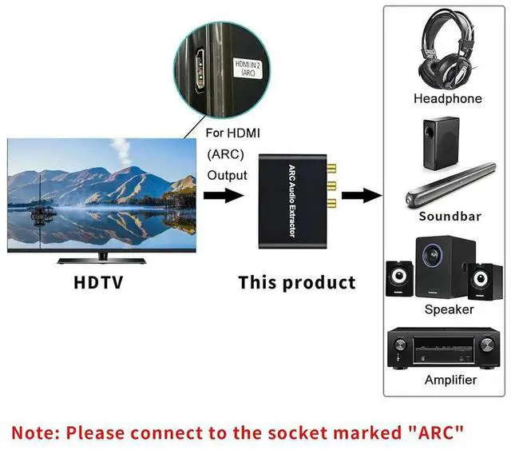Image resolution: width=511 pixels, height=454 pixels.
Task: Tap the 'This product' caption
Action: pyautogui.click(x=296, y=282)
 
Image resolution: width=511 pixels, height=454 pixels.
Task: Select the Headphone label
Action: pyautogui.click(x=447, y=99)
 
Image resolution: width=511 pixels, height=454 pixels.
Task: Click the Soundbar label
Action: pyautogui.click(x=448, y=217)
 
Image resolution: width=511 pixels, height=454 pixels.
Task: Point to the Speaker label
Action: pyautogui.click(x=449, y=309)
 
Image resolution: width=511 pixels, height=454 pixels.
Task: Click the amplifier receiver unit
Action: pyautogui.click(x=447, y=348)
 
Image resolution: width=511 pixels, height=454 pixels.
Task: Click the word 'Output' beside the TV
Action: pyautogui.click(x=228, y=176)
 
